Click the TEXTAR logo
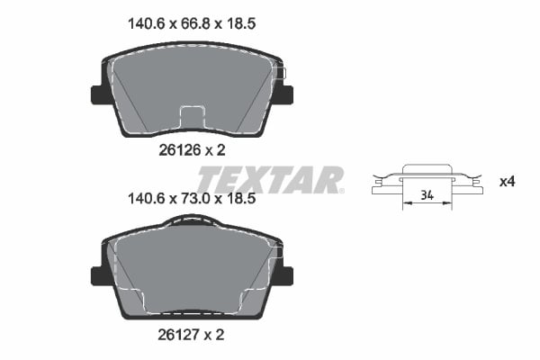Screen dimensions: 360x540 tap(270, 179)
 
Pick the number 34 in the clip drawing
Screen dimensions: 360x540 tap(427, 194)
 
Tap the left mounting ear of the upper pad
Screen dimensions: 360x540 tap(97, 94)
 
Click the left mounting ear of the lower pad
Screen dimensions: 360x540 tap(97, 274)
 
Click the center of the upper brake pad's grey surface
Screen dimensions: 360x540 tap(192, 85)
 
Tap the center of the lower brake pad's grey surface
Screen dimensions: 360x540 tap(192, 270)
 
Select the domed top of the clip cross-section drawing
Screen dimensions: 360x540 tap(427, 167)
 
